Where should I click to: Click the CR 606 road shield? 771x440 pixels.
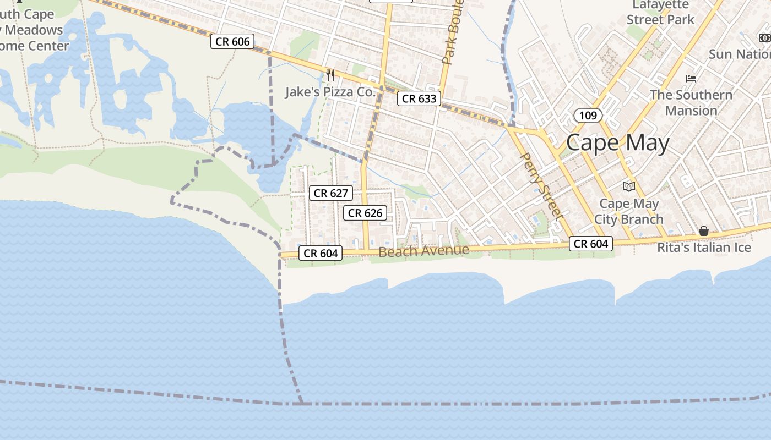point(232,41)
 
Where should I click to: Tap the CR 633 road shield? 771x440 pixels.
point(420,98)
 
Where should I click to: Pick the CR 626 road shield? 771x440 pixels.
point(365,213)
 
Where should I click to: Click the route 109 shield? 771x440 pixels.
point(588,116)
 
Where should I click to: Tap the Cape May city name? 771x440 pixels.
point(618,143)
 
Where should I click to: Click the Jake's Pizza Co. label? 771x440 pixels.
point(330,92)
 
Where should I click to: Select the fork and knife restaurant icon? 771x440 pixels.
point(330,75)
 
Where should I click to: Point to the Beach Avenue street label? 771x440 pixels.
point(424,251)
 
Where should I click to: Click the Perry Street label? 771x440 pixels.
point(541,186)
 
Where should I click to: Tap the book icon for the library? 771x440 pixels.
point(629,186)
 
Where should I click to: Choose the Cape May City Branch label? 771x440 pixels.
point(629,212)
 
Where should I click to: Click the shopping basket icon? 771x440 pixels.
point(704,231)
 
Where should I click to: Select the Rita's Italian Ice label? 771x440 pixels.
point(704,248)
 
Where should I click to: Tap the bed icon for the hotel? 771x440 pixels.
point(691,79)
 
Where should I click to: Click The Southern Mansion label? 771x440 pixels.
point(691,102)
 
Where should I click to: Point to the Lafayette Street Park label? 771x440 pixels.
point(661,12)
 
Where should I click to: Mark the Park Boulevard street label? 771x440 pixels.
point(453,33)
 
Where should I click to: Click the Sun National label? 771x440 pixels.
point(739,54)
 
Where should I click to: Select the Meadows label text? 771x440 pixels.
point(34,30)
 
